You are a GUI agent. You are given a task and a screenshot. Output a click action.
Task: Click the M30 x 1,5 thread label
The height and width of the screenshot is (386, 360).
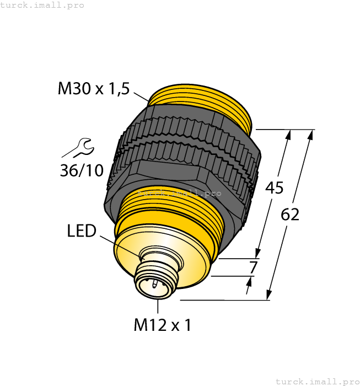[x=93, y=88]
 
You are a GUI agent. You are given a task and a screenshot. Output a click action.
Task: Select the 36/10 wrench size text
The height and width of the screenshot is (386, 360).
[x=82, y=170]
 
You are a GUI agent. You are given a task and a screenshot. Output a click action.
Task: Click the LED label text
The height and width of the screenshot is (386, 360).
[x=82, y=231]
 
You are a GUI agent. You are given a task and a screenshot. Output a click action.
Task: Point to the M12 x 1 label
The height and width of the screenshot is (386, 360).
[x=163, y=325]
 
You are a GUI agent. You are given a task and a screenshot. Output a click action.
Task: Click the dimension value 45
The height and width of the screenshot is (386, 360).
[x=275, y=188]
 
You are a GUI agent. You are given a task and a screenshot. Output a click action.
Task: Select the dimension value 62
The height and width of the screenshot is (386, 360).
[x=290, y=215]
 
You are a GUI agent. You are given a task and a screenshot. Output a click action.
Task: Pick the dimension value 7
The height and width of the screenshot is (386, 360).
[x=253, y=268]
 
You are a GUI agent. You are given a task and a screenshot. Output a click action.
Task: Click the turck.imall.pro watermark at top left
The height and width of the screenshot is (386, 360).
[x=42, y=5]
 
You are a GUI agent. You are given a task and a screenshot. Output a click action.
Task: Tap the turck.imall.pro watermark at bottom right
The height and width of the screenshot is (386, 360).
[x=317, y=381]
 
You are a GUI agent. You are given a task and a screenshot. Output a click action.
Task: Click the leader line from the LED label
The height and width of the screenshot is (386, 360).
[x=119, y=244]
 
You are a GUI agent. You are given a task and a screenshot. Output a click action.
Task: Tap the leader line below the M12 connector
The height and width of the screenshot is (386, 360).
[x=158, y=307]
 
